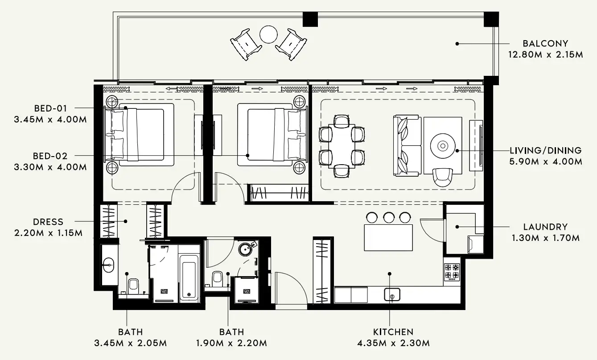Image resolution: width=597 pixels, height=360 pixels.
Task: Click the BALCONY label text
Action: point(545,44)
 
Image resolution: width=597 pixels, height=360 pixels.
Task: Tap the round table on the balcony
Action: point(269,34)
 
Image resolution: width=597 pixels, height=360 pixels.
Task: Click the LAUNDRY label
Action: point(545,227)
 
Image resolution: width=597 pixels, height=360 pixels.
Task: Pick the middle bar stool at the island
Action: point(388,217)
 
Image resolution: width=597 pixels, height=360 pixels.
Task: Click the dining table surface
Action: point(342,145)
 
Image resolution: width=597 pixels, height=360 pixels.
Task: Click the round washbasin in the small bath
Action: point(246,248)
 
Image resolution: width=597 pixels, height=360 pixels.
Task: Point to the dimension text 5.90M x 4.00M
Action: point(545,161)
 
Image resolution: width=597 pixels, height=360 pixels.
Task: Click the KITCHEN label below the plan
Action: point(393,332)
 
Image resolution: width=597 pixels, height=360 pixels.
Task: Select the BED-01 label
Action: point(50,108)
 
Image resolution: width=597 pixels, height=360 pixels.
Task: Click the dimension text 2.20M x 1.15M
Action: point(48,233)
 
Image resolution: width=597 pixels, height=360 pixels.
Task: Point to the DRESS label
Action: point(48,222)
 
